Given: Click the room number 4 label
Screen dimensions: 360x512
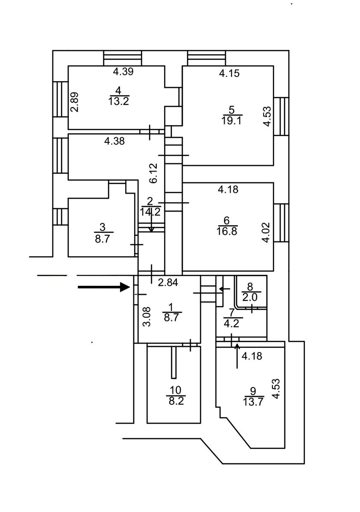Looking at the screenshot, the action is tap(118, 91).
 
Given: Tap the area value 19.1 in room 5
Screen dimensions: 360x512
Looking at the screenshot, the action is tap(231, 120).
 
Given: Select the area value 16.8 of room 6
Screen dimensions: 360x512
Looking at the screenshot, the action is tap(227, 231).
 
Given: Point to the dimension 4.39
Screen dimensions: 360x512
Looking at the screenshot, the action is tap(123, 72).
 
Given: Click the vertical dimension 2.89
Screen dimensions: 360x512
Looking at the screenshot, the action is tap(75, 102).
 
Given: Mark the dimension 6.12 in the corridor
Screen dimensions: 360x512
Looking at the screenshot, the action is tap(153, 173).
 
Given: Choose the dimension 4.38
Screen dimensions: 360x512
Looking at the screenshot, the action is tap(114, 141).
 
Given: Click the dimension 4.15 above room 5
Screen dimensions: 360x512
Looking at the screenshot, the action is tap(229, 73).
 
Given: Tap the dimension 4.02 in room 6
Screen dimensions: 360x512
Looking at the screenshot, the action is tap(266, 233).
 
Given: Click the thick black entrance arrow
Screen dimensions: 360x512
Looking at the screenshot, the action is tap(104, 287).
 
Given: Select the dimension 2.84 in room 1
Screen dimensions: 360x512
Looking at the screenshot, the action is tap(168, 283).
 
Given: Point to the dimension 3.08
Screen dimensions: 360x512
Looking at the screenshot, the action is tap(146, 317).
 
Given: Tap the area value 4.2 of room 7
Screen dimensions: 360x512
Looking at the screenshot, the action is tap(232, 324).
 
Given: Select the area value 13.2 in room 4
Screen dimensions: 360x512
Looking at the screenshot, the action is tap(119, 101).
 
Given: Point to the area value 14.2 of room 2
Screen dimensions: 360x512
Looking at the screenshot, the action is tap(150, 212).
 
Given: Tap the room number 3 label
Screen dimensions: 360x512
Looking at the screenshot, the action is tap(102, 227).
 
